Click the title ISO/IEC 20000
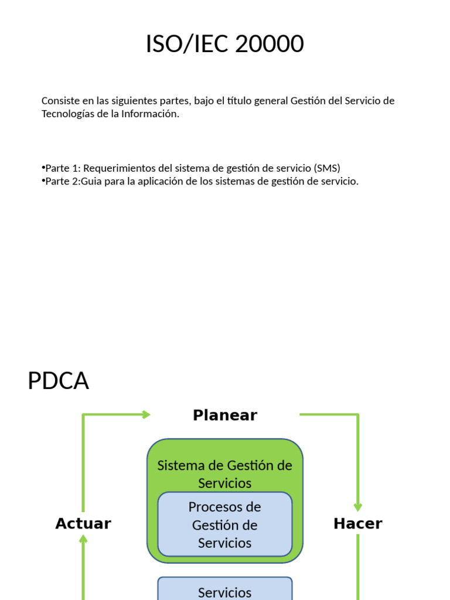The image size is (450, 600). pyautogui.click(x=225, y=45)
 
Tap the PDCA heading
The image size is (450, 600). pyautogui.click(x=58, y=381)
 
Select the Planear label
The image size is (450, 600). pyautogui.click(x=225, y=415)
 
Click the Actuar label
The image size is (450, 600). pyautogui.click(x=83, y=523)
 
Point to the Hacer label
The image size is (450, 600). pyautogui.click(x=357, y=523)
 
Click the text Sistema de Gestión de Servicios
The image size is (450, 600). pyautogui.click(x=225, y=474)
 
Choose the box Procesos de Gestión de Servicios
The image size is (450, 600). pyautogui.click(x=225, y=524)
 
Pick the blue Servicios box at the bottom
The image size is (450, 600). pyautogui.click(x=225, y=591)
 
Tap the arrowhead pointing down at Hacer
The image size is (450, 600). pyautogui.click(x=357, y=507)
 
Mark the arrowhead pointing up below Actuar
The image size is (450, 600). pyautogui.click(x=83, y=538)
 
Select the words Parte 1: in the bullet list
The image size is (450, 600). pyautogui.click(x=63, y=168)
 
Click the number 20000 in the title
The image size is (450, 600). pyautogui.click(x=270, y=45)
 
